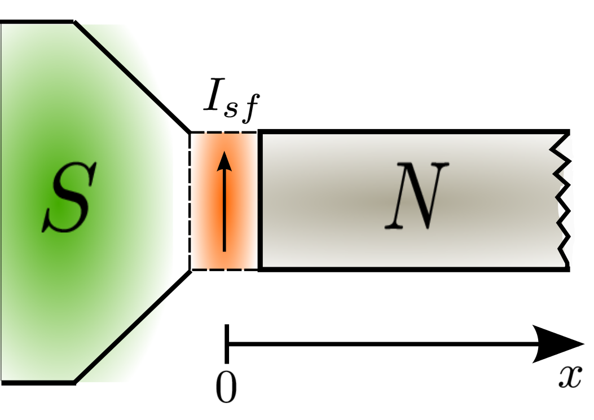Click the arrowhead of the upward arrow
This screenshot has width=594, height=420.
(225, 161)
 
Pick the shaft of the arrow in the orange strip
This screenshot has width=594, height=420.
(225, 214)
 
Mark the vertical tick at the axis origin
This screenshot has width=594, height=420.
(226, 343)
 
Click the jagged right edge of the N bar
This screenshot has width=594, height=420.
(564, 200)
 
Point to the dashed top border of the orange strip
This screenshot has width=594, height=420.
(225, 132)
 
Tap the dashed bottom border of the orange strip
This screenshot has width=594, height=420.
(225, 270)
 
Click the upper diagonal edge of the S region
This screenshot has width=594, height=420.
(133, 77)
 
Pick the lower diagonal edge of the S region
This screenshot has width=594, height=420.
(133, 326)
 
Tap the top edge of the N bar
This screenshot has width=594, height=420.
(412, 132)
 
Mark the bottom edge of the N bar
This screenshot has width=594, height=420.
(412, 269)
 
